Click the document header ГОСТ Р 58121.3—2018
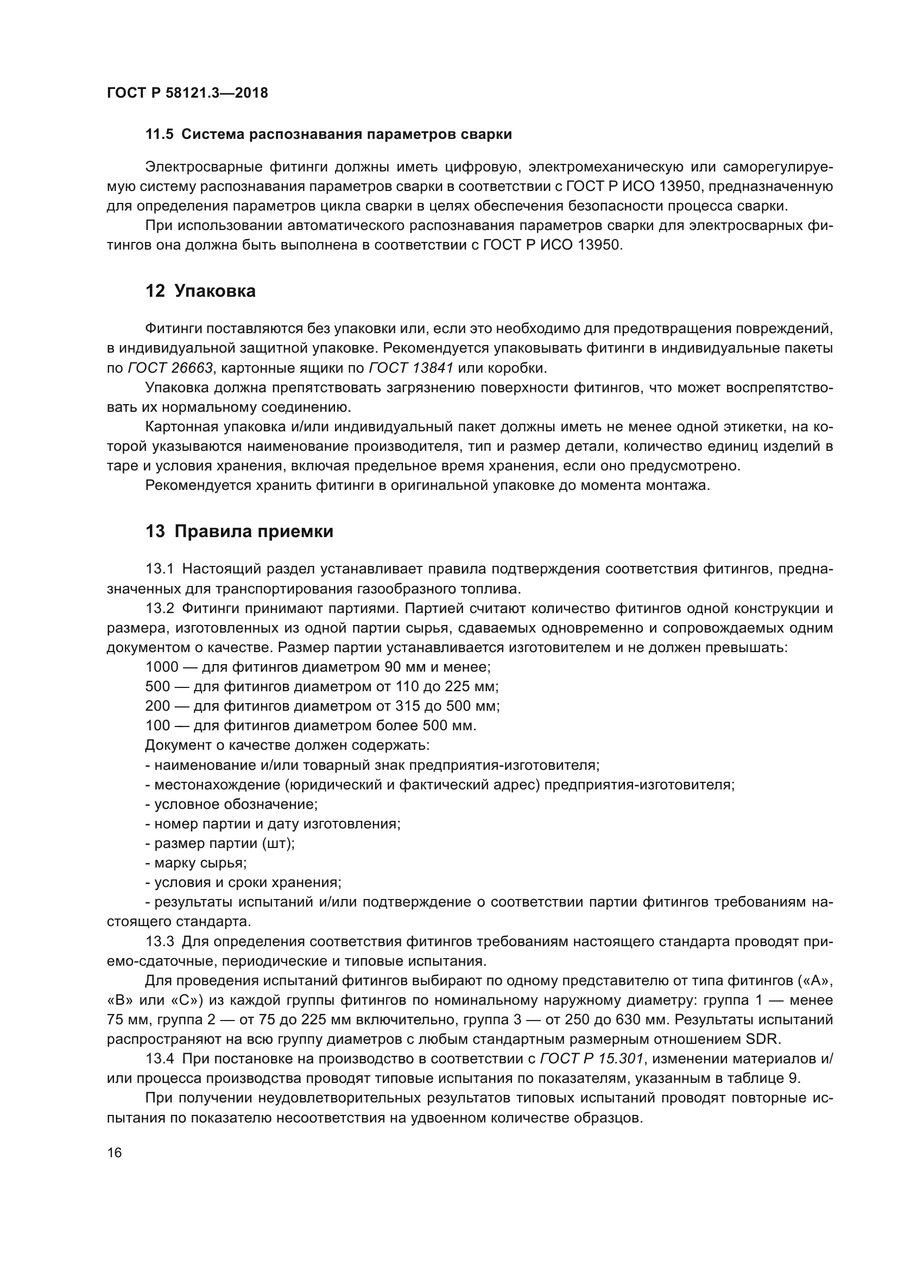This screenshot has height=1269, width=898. tap(187, 93)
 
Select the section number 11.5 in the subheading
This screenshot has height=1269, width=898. tap(159, 135)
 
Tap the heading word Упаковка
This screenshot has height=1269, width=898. tap(214, 291)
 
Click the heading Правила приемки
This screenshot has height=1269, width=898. tap(253, 532)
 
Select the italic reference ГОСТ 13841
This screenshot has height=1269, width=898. tap(411, 368)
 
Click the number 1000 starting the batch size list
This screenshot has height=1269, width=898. tap(162, 667)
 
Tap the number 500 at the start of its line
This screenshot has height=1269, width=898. tap(157, 686)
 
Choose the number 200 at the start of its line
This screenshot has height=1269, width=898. tap(157, 706)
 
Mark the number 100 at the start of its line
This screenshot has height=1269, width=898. tap(157, 726)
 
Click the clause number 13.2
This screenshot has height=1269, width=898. tap(160, 609)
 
